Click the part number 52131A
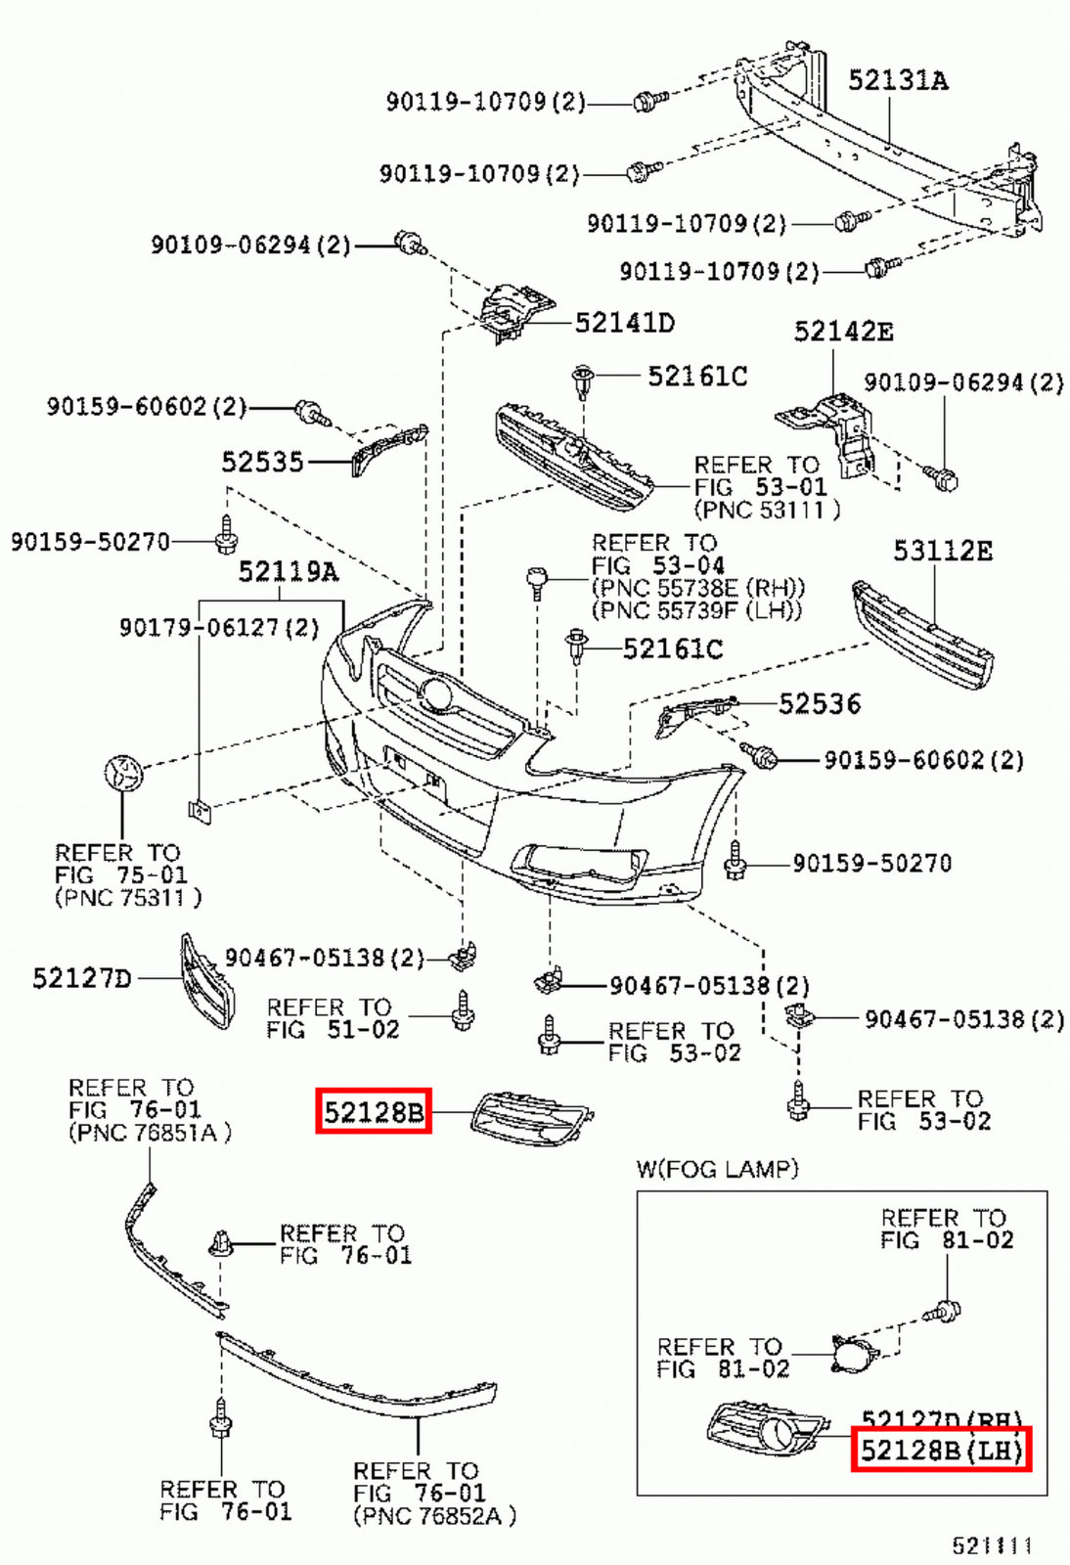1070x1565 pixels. [x=897, y=80]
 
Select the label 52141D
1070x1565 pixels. [x=624, y=323]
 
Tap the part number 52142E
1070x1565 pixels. [x=842, y=332]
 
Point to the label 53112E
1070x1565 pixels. [x=942, y=552]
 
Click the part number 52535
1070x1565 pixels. [x=262, y=462]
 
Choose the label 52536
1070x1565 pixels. [x=819, y=704]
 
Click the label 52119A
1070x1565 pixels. [x=288, y=571]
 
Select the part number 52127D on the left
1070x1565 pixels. [x=81, y=978]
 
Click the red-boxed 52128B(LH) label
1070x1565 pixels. [x=941, y=1450]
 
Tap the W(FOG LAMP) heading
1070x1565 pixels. [x=717, y=1169]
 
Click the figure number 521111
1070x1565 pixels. [x=992, y=1545]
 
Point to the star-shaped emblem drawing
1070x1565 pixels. [x=123, y=773]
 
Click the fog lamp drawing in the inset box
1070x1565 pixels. [x=853, y=1355]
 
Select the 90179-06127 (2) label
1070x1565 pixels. [x=219, y=627]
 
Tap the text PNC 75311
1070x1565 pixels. [x=128, y=897]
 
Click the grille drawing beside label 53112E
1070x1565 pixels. [x=922, y=636]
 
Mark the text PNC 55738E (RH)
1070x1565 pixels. [x=698, y=588]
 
